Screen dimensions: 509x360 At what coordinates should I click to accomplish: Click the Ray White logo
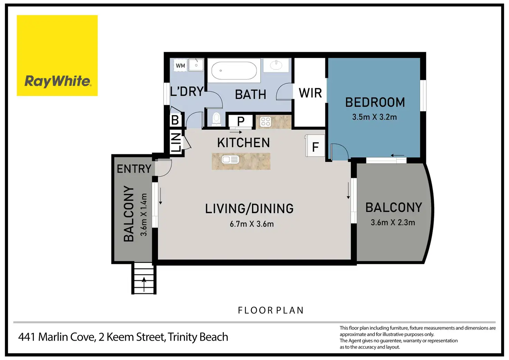(x=57, y=55)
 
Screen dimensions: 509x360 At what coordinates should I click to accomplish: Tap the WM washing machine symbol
(x=181, y=65)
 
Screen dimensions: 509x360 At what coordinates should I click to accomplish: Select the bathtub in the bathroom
(x=234, y=71)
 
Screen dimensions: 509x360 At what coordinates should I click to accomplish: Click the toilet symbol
(x=216, y=119)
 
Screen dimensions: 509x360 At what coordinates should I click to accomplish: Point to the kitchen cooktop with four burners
(x=266, y=122)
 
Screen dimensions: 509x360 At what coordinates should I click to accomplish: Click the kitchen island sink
(x=230, y=159)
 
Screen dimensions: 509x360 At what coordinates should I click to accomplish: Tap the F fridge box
(x=315, y=146)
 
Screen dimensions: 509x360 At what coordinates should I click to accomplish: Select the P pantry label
(x=241, y=121)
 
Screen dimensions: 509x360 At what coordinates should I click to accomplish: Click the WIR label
(x=311, y=93)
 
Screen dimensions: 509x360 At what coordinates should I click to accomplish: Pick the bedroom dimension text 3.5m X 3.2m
(x=374, y=117)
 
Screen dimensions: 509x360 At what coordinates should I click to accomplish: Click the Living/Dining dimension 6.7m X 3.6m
(x=252, y=224)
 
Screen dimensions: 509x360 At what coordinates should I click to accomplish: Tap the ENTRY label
(x=134, y=169)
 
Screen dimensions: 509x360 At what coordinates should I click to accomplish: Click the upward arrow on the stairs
(x=144, y=284)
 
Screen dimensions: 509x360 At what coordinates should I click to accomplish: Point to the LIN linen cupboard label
(x=176, y=142)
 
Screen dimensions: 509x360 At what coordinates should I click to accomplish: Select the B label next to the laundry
(x=175, y=120)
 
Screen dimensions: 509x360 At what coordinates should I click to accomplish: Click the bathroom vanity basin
(x=276, y=65)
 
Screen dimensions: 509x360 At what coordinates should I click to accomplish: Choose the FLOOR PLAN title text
(x=271, y=310)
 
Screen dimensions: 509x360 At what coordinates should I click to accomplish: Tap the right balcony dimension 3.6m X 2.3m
(x=393, y=222)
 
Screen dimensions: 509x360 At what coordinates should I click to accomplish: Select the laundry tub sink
(x=196, y=65)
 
